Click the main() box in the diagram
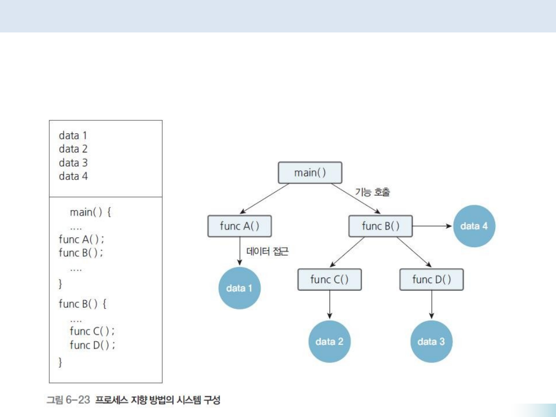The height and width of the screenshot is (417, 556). [310, 173]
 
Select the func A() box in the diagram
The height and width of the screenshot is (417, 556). [239, 226]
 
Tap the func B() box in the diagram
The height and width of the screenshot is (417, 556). [380, 226]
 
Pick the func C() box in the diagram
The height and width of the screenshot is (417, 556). [329, 280]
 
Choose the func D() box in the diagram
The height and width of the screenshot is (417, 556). [431, 280]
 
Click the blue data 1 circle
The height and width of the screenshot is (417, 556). [239, 288]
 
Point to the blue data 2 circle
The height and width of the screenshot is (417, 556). [329, 342]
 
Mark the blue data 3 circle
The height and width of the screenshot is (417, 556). [431, 342]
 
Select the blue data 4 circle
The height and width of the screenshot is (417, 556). [474, 226]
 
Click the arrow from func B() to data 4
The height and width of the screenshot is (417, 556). [432, 226]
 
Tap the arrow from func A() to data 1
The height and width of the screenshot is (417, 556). [240, 252]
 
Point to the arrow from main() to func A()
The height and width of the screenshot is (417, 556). [265, 199]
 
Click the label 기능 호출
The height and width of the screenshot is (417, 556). [373, 193]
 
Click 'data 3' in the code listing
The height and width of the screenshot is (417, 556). [73, 163]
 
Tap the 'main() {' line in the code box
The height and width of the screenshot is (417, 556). [91, 212]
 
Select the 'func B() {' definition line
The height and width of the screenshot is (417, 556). [82, 304]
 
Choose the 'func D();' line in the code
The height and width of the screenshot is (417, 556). [92, 345]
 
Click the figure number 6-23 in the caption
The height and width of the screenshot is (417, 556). [77, 399]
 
